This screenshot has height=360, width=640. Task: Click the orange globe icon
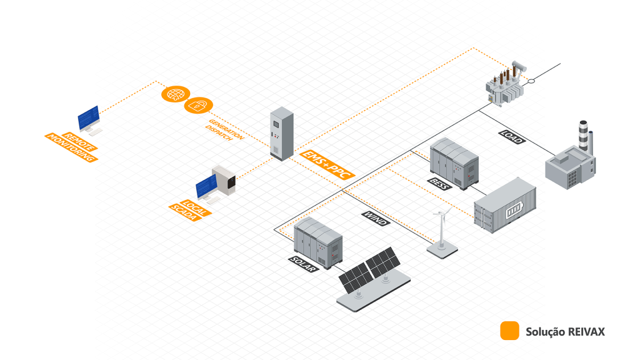point(176,94)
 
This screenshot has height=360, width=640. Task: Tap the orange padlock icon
point(198,106)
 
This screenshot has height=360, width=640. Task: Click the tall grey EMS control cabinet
point(282,134)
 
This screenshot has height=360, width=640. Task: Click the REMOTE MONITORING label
point(71,147)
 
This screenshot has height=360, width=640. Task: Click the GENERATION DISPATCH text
point(225,130)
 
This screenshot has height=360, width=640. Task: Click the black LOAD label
point(512,137)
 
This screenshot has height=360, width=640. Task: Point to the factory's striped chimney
point(583,136)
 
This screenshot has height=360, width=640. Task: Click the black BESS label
point(440,184)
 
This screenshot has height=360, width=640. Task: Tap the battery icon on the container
point(514,211)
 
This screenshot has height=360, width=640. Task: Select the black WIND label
point(376,218)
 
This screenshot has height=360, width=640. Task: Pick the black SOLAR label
point(304,264)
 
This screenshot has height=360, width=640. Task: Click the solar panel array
point(369,271)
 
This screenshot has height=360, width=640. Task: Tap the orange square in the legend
point(509,331)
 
